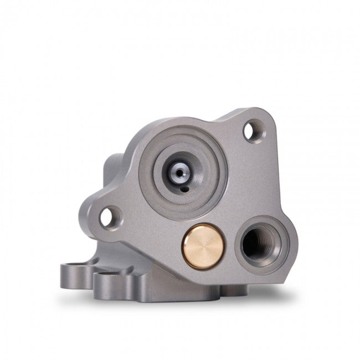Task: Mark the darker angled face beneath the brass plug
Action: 183,277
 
